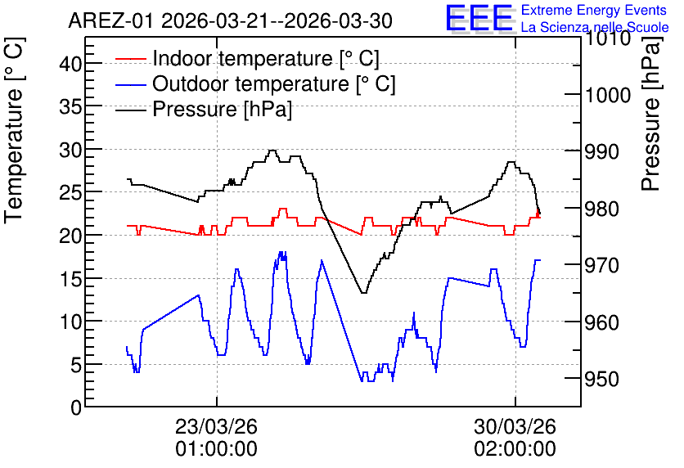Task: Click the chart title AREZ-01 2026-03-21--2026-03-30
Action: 231,21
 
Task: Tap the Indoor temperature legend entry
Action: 247,58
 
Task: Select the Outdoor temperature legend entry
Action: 255,83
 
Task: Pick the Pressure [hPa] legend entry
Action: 204,109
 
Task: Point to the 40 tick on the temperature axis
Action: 70,64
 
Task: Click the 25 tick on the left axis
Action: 70,192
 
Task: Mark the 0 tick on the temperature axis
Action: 76,407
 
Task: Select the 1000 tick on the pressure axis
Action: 608,95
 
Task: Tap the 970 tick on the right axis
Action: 602,265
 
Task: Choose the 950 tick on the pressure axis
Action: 602,379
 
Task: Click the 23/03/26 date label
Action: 216,426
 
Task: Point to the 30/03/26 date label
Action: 515,426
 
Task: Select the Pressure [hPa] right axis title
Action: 650,115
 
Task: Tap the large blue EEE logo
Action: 479,18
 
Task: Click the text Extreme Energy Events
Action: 594,10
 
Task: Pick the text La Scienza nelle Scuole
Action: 595,27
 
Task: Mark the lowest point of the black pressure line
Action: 363,293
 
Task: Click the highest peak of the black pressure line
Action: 272,151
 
